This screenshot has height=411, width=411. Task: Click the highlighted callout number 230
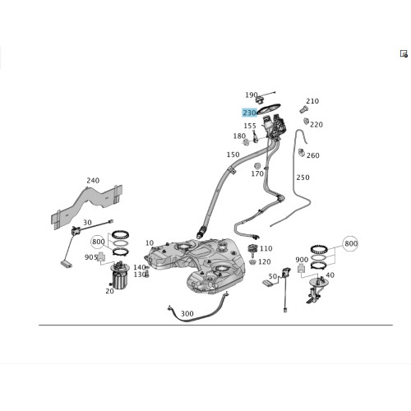(x=250, y=113)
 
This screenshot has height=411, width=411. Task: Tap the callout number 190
(x=251, y=95)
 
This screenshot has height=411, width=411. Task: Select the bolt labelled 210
(x=303, y=109)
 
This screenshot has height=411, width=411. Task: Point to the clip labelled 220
(x=307, y=121)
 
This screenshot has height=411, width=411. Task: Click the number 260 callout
(x=313, y=155)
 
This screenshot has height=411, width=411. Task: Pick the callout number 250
(x=302, y=178)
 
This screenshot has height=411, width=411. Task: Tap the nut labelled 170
(x=257, y=166)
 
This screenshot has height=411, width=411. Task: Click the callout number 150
(x=233, y=155)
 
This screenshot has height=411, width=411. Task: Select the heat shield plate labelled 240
(x=86, y=207)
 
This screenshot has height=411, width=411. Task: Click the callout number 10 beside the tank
(x=150, y=243)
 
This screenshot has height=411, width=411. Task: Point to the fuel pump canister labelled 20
(x=119, y=276)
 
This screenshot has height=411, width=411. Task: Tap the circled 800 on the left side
(x=99, y=242)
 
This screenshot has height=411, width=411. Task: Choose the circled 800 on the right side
(x=351, y=243)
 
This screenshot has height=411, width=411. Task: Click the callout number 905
(x=91, y=257)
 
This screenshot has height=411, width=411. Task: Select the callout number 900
(x=302, y=260)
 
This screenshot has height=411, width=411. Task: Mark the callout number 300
(x=187, y=314)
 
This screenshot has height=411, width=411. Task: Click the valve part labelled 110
(x=253, y=250)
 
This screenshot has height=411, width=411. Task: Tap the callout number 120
(x=265, y=262)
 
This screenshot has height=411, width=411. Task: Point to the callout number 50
(x=273, y=276)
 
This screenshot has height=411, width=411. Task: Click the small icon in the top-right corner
(x=404, y=53)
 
